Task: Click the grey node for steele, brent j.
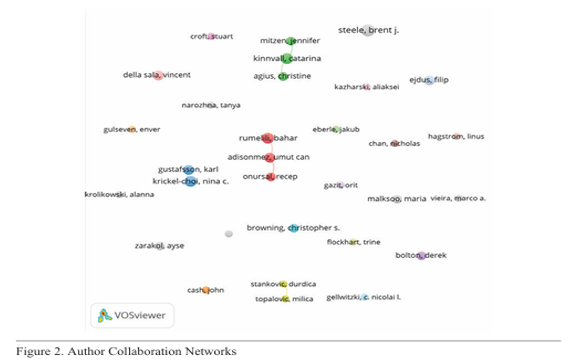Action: (x=368, y=30)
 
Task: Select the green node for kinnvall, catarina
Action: (x=287, y=59)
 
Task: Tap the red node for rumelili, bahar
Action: (x=267, y=138)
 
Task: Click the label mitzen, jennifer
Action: (x=290, y=41)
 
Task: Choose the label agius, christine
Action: (x=282, y=76)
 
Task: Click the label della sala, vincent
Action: (x=157, y=75)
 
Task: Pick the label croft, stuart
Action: (x=211, y=36)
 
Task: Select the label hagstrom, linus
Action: (x=456, y=136)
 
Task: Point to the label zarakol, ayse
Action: (x=159, y=246)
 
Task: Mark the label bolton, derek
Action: (x=421, y=255)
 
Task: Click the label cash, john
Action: (x=205, y=290)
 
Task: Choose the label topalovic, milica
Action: (x=284, y=299)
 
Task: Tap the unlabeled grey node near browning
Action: (x=229, y=234)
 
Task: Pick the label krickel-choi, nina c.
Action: (x=190, y=182)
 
